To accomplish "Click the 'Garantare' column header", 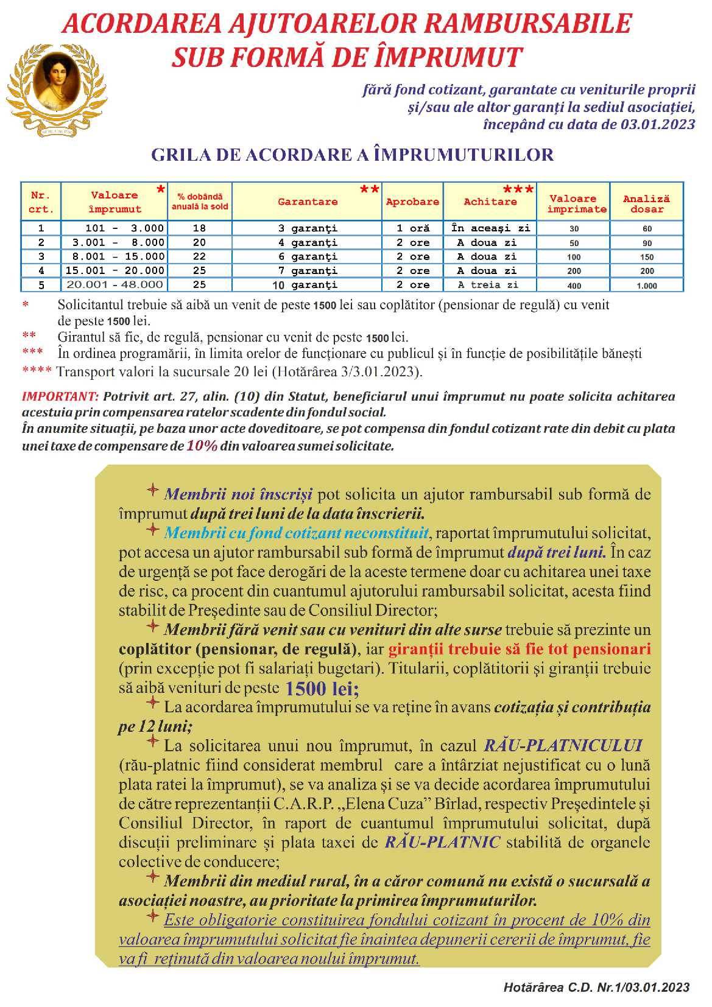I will pyautogui.click(x=308, y=202).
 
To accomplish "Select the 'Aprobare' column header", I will pyautogui.click(x=412, y=202).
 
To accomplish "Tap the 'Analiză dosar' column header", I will pyautogui.click(x=646, y=204).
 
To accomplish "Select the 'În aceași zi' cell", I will pyautogui.click(x=491, y=228).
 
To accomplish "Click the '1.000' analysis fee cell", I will pyautogui.click(x=647, y=286).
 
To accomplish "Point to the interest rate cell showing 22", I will pyautogui.click(x=199, y=257).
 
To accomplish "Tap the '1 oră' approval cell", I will pyautogui.click(x=413, y=228).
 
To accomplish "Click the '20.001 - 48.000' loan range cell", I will pyautogui.click(x=115, y=284).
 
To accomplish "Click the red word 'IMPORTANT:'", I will pyautogui.click(x=60, y=397).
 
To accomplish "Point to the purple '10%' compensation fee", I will pyautogui.click(x=202, y=446).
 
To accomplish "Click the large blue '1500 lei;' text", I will pyautogui.click(x=322, y=689).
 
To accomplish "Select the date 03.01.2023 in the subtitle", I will pyautogui.click(x=658, y=125).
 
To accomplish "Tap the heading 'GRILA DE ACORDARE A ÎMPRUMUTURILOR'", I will pyautogui.click(x=353, y=155).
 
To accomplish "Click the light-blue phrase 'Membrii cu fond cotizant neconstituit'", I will pyautogui.click(x=297, y=533).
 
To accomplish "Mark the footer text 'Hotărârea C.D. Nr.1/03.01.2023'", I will pyautogui.click(x=596, y=988).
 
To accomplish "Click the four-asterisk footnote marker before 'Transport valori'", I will pyautogui.click(x=37, y=370).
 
